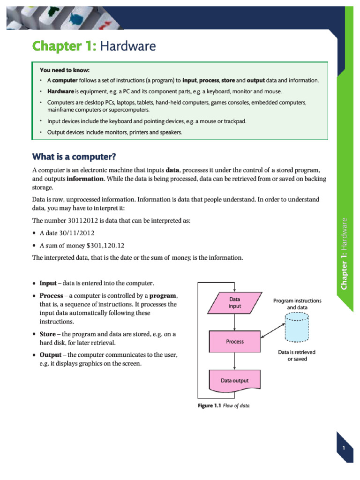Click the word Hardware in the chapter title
pos(127,46)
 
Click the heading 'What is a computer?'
pos(74,156)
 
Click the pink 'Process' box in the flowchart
pos(235,342)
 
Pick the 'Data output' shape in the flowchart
pos(235,381)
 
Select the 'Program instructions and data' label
pos(297,304)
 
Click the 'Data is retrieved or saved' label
pos(297,355)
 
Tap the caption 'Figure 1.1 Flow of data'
pos(223,406)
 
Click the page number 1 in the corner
pos(344,449)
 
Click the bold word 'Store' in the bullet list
pos(47,334)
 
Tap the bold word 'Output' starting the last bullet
pos(50,355)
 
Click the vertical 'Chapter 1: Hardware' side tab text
pos(344,253)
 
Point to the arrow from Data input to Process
pos(234,322)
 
